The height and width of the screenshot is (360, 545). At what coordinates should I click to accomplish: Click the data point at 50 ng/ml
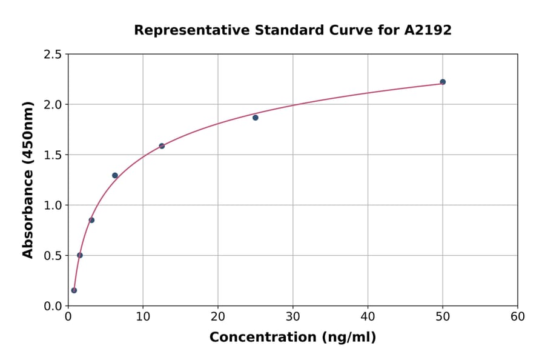pyautogui.click(x=443, y=82)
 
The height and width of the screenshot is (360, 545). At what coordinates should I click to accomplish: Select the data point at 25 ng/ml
pyautogui.click(x=256, y=118)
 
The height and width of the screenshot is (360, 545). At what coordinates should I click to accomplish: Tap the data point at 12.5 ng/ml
pyautogui.click(x=162, y=146)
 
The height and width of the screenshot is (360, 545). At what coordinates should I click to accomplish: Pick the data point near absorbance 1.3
pyautogui.click(x=115, y=176)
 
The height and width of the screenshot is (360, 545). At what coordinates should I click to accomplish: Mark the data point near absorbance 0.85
pyautogui.click(x=91, y=220)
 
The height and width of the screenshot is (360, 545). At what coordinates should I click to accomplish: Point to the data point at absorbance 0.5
pyautogui.click(x=80, y=255)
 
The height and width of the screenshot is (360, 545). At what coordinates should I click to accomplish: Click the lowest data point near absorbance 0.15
pyautogui.click(x=74, y=290)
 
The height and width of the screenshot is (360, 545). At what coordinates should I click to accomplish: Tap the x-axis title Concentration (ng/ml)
pyautogui.click(x=292, y=338)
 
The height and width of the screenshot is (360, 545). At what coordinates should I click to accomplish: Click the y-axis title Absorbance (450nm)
pyautogui.click(x=28, y=179)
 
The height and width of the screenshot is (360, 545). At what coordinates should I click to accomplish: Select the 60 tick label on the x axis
pyautogui.click(x=517, y=317)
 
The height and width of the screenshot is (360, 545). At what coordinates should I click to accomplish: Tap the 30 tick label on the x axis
pyautogui.click(x=292, y=317)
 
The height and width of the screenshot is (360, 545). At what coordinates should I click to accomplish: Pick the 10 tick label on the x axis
pyautogui.click(x=143, y=317)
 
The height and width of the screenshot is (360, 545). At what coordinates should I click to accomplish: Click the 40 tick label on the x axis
pyautogui.click(x=368, y=317)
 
